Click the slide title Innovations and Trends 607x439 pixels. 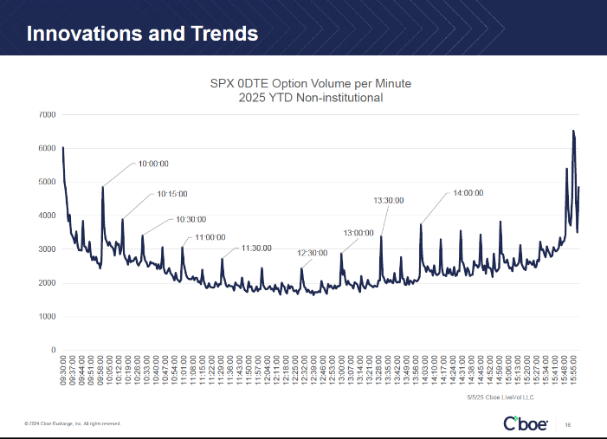tap(142, 34)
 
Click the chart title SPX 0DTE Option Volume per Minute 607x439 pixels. tap(311, 83)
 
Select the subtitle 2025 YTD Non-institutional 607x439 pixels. tap(311, 98)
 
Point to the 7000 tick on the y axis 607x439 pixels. tap(47, 115)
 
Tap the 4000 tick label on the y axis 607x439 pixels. tap(47, 216)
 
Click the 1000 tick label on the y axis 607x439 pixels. tap(47, 316)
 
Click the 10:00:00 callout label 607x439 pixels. tap(153, 163)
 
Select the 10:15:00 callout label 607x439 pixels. tap(171, 194)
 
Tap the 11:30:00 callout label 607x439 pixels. tap(257, 248)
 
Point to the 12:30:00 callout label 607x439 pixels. tap(312, 253)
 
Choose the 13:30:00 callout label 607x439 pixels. tap(389, 200)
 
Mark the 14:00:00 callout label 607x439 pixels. tap(468, 193)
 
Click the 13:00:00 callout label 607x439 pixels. tap(358, 232)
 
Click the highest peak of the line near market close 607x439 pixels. tap(572, 132)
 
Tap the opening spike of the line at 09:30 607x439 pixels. tap(63, 148)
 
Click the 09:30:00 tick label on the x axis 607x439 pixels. tap(63, 369)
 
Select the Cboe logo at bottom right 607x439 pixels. tap(524, 423)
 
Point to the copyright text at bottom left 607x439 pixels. tap(72, 423)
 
